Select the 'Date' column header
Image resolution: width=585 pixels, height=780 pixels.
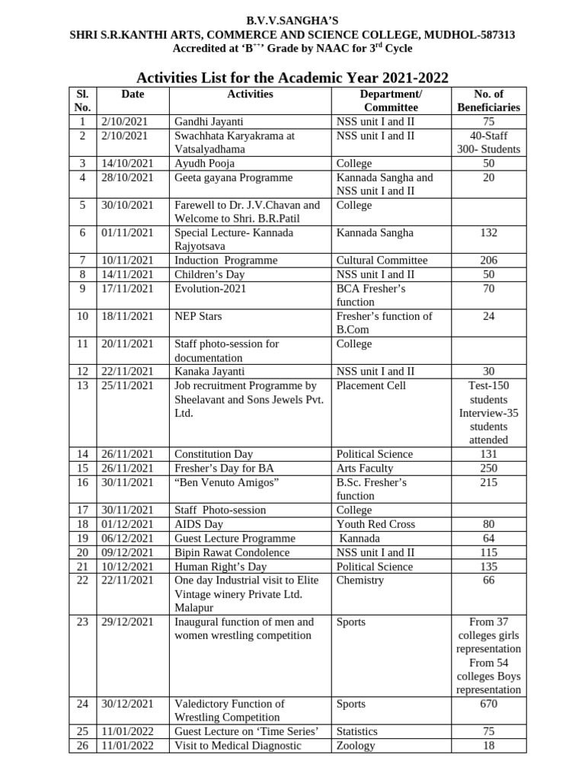[133, 94]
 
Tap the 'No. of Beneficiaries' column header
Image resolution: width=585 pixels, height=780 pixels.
[488, 101]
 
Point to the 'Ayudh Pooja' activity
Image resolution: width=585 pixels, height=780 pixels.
[204, 164]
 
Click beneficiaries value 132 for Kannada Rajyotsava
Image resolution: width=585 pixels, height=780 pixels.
[488, 233]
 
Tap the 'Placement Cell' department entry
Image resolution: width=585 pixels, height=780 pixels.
[371, 385]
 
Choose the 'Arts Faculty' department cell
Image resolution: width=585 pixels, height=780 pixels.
[365, 468]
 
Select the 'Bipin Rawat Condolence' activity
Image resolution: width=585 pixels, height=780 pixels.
[232, 552]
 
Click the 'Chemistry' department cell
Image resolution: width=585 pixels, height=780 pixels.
[360, 580]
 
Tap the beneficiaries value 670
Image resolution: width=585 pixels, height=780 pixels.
[488, 704]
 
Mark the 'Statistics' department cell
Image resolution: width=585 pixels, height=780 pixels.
[357, 731]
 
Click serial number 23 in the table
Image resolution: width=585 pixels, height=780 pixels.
[82, 622]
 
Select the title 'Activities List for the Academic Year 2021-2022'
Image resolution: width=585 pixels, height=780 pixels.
[292, 78]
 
